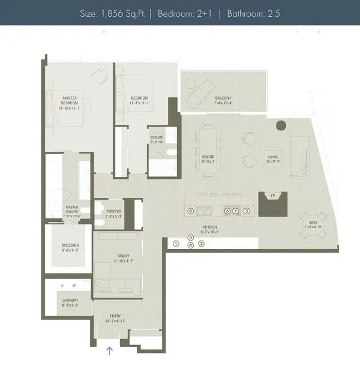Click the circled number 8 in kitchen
coord(190,211)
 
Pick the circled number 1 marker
coord(176,244)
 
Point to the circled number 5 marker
coord(247,211)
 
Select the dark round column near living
coord(280,126)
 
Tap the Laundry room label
coord(70,304)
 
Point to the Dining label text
coord(208,158)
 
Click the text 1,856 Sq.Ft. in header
coord(122,12)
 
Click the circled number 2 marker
coord(202,244)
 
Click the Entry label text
coord(115,316)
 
